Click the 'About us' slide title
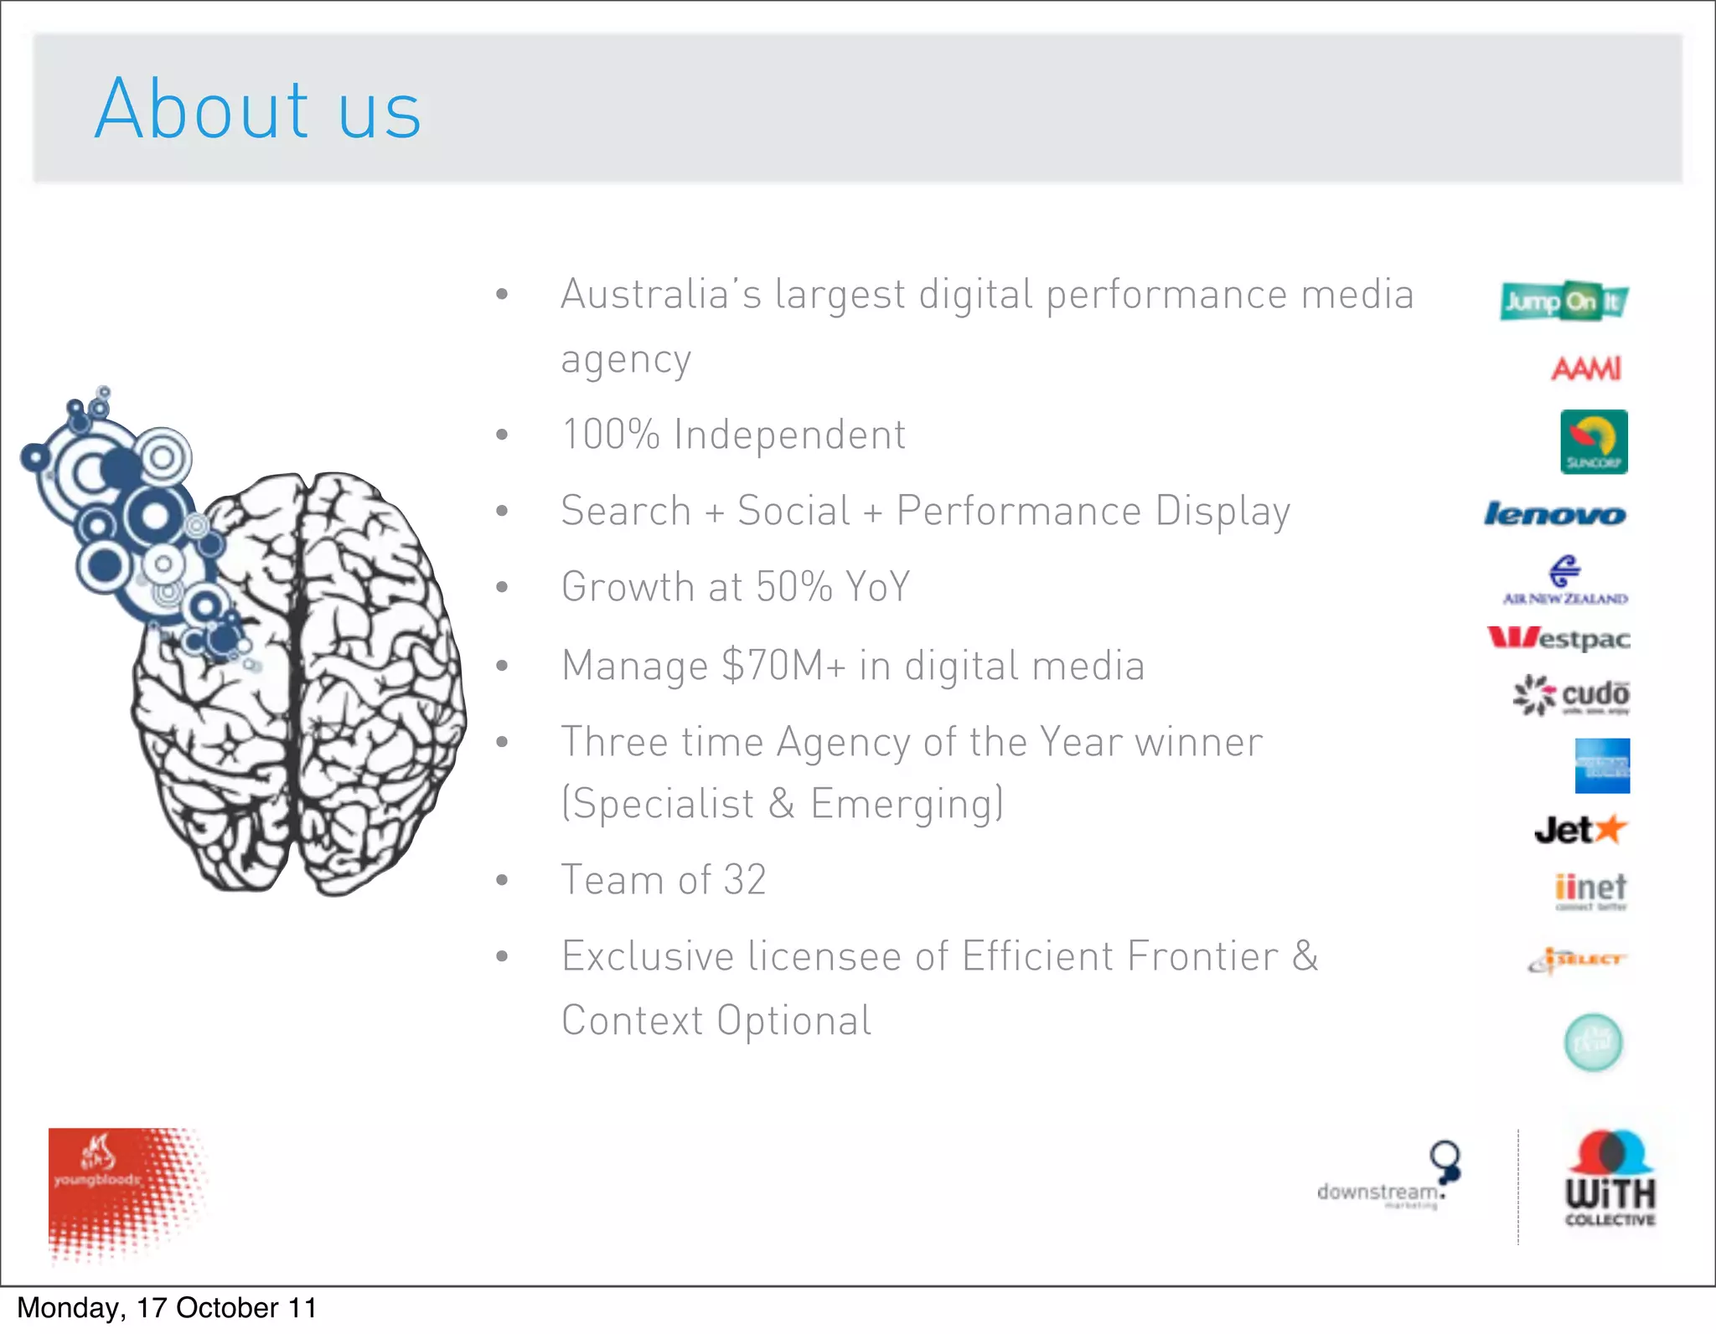258,109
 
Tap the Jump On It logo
1564,301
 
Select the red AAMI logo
1586,368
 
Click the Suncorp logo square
1594,441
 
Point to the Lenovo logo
1555,513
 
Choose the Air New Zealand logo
1564,580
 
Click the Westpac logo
1558,639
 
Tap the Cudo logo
1571,695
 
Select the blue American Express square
1602,765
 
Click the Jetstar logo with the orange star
1580,830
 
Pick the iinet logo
1590,890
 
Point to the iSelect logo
1577,960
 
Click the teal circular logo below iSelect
1594,1043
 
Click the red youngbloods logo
117,1189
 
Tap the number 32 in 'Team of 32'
745,880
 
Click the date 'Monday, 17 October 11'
167,1308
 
